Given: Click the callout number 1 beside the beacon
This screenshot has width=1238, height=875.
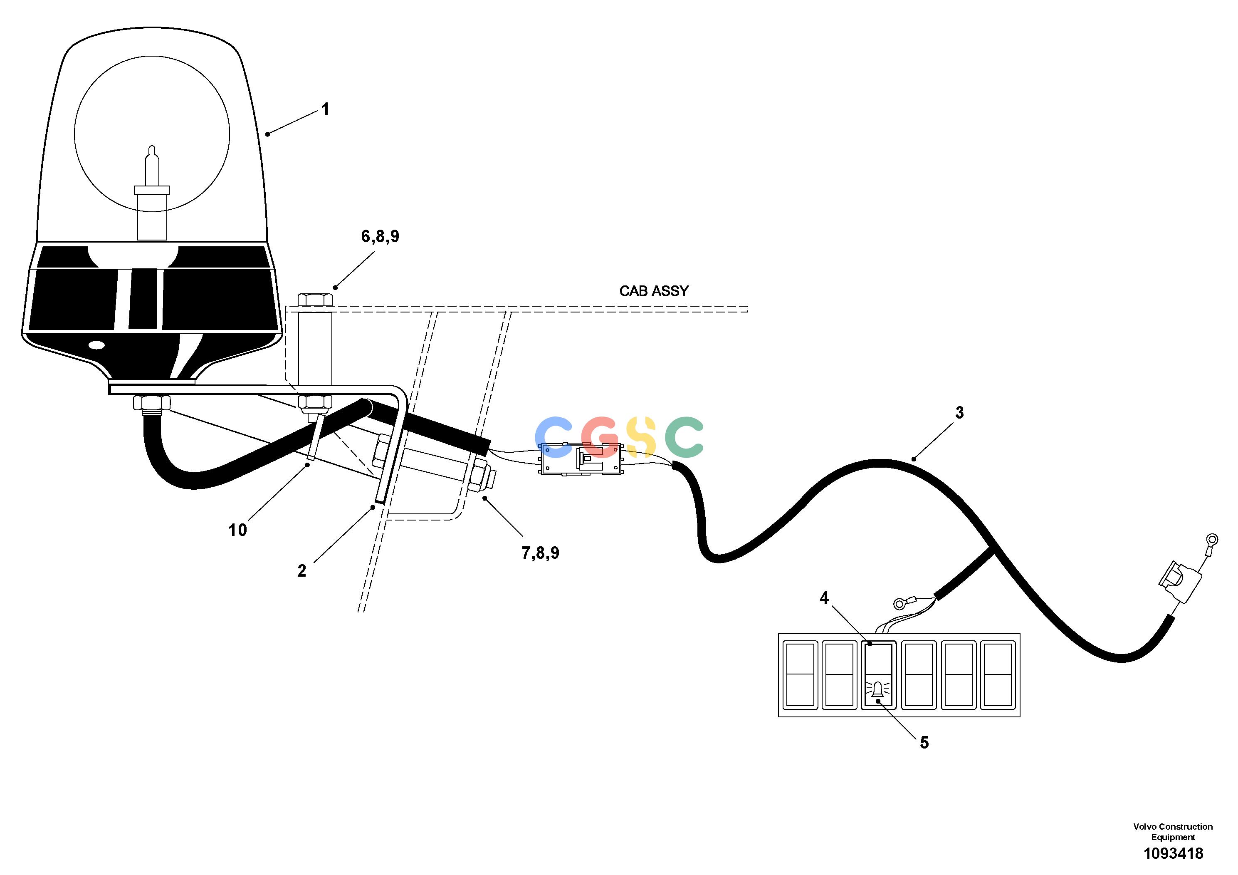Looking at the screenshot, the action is [x=325, y=109].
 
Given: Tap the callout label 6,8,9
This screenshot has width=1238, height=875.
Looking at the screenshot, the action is [x=380, y=236].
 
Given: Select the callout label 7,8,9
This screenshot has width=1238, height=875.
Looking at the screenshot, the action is [x=540, y=553].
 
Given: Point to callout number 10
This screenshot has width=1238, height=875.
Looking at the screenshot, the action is [x=237, y=530].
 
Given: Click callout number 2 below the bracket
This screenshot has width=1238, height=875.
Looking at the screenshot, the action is [x=301, y=571].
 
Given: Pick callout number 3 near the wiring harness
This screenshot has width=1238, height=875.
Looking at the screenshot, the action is [x=959, y=413].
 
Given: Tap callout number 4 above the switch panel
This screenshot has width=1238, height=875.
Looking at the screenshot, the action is [x=824, y=598].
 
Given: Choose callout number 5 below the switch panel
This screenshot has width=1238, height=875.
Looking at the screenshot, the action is [x=924, y=743].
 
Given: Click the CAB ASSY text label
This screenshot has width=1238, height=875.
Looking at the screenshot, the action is [x=653, y=291].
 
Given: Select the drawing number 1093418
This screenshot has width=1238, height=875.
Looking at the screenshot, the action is [x=1173, y=853].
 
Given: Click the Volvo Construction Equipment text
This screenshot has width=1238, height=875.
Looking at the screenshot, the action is [x=1173, y=831].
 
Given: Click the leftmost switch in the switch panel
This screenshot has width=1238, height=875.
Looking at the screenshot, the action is [x=800, y=675].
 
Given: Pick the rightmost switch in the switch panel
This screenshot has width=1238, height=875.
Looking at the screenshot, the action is [x=998, y=675].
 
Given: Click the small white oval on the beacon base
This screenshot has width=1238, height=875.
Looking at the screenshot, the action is [x=97, y=344].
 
